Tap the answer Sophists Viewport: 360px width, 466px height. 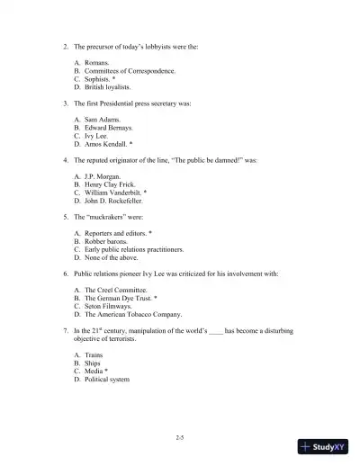pos(100,79)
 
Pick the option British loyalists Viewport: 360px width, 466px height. pos(107,87)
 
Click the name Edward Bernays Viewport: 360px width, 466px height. pos(108,127)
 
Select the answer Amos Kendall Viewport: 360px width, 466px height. pos(108,144)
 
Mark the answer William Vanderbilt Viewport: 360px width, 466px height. pos(115,193)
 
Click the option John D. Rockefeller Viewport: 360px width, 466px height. pos(116,201)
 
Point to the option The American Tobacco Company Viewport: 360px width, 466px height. pos(132,315)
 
